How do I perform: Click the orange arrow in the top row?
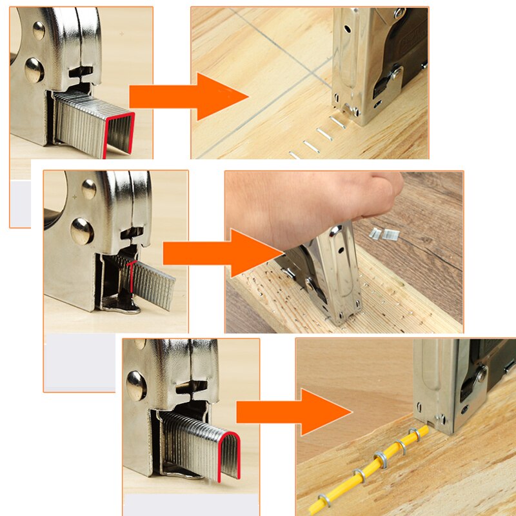[x=187, y=97]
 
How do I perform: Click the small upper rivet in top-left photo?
[x=39, y=30]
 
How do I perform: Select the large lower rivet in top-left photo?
[x=35, y=69]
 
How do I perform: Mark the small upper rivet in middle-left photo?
[x=89, y=189]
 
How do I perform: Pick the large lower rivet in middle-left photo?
[x=82, y=230]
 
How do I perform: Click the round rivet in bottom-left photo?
[x=136, y=385]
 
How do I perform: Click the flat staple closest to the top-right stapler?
[x=337, y=121]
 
